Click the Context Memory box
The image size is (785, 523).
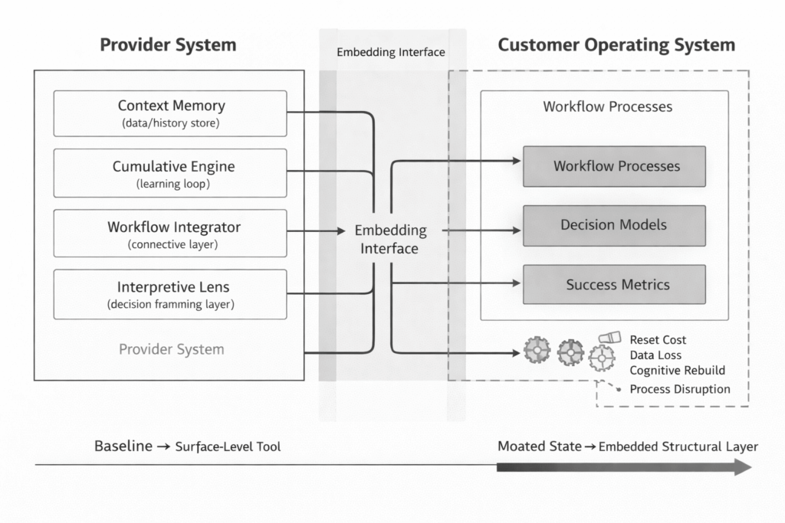click(170, 113)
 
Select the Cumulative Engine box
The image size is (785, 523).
click(170, 173)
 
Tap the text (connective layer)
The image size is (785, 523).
click(174, 244)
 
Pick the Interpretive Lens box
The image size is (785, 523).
click(170, 294)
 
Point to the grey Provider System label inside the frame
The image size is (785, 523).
click(172, 349)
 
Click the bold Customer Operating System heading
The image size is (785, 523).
click(616, 44)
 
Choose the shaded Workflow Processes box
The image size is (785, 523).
click(614, 166)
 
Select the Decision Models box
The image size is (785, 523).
click(614, 225)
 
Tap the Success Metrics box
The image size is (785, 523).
click(614, 285)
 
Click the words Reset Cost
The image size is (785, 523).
click(658, 339)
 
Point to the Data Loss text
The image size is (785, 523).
click(655, 355)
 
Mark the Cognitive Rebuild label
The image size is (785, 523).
click(677, 370)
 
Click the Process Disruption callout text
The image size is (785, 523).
click(680, 389)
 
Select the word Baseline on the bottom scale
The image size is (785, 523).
click(123, 446)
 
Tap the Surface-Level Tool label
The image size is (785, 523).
click(228, 447)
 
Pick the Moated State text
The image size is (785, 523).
click(539, 446)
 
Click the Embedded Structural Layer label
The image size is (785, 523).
click(678, 447)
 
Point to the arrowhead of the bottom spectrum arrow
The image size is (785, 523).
click(743, 466)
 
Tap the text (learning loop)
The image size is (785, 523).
click(174, 184)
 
